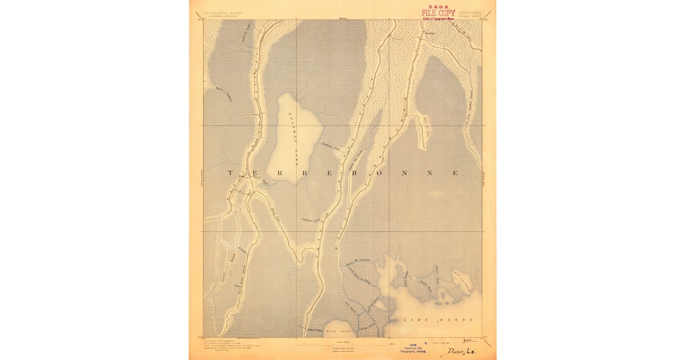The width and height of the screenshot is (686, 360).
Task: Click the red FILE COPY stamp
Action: pos(438,13)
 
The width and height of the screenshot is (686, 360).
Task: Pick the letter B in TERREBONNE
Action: pos(348,173)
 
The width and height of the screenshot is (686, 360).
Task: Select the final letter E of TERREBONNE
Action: pos(456,173)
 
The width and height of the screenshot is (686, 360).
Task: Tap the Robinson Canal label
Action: pos(310,220)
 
